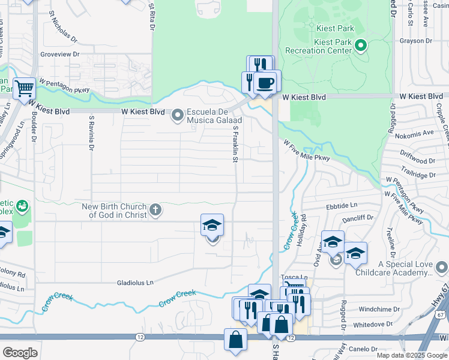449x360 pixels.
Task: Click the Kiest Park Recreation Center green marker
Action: [361, 45]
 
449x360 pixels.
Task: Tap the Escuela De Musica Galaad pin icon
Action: [178, 114]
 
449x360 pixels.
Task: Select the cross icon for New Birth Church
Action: [155, 209]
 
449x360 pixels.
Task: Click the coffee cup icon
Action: [265, 82]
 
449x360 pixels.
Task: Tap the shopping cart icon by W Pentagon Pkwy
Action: [24, 89]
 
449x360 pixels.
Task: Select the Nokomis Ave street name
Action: [420, 132]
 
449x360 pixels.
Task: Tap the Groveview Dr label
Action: [59, 54]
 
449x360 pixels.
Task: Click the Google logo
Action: [20, 352]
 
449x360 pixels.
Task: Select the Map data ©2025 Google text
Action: [411, 355]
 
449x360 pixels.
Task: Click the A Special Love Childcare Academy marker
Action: [442, 266]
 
